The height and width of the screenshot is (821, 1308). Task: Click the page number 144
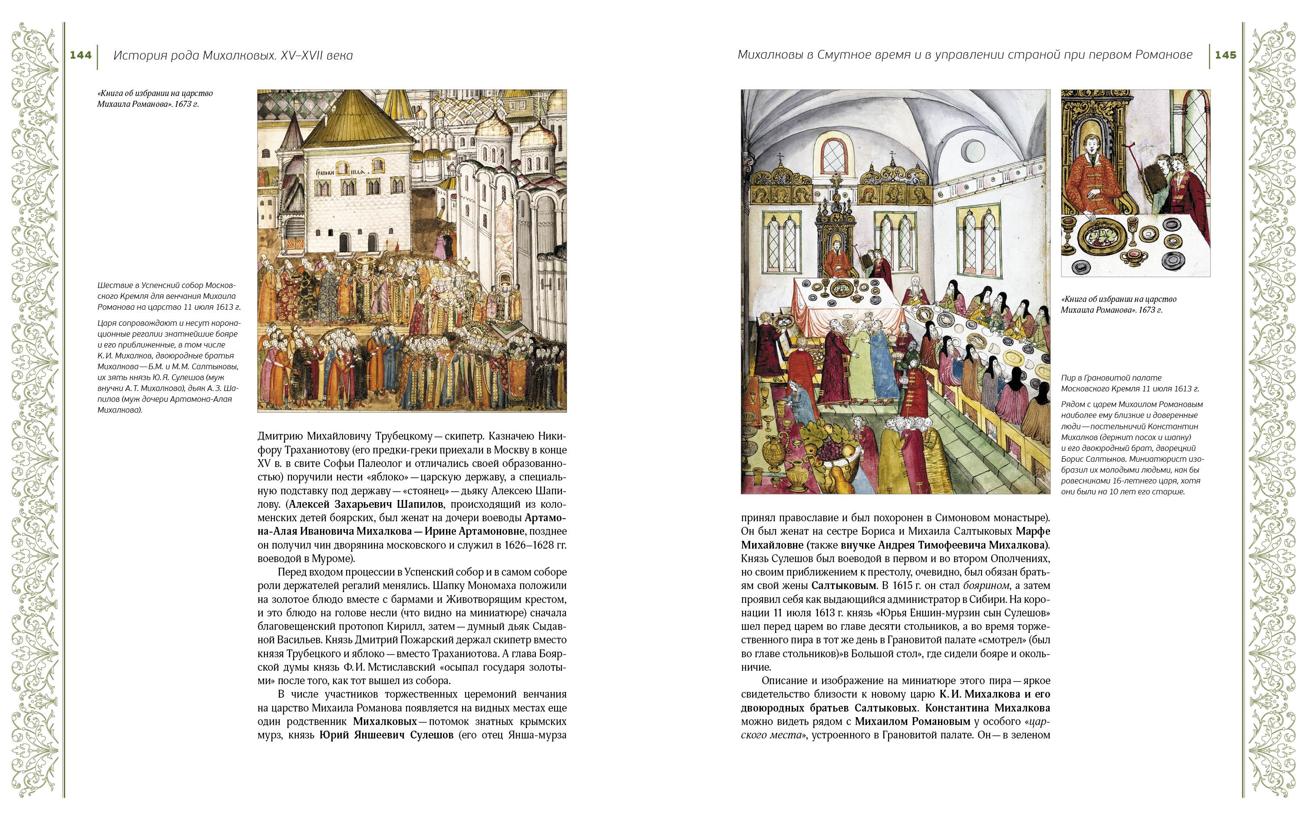pos(80,55)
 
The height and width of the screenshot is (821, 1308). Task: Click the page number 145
pos(1225,55)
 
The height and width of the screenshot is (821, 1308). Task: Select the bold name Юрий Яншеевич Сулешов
pos(386,735)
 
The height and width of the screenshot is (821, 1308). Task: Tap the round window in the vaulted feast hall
pos(973,150)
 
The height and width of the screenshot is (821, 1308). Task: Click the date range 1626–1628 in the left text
pos(526,545)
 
